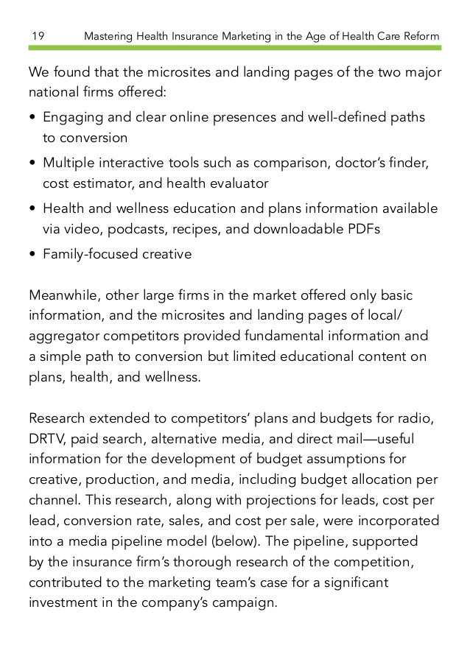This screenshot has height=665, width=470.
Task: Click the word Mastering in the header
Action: click(x=110, y=36)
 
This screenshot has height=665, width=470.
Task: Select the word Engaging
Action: click(x=71, y=119)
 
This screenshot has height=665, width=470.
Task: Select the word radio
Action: click(x=416, y=420)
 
